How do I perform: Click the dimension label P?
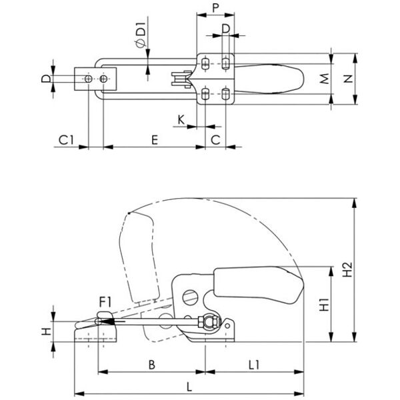(x=215, y=8)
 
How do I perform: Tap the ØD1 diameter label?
(x=141, y=35)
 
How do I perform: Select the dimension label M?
(x=324, y=79)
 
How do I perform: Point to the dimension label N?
(x=348, y=79)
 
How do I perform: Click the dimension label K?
(x=181, y=119)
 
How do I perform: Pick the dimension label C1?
(x=66, y=140)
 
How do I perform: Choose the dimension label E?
(x=155, y=140)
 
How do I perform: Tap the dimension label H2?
(x=347, y=269)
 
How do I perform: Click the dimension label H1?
(x=324, y=304)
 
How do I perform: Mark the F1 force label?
(x=105, y=303)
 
